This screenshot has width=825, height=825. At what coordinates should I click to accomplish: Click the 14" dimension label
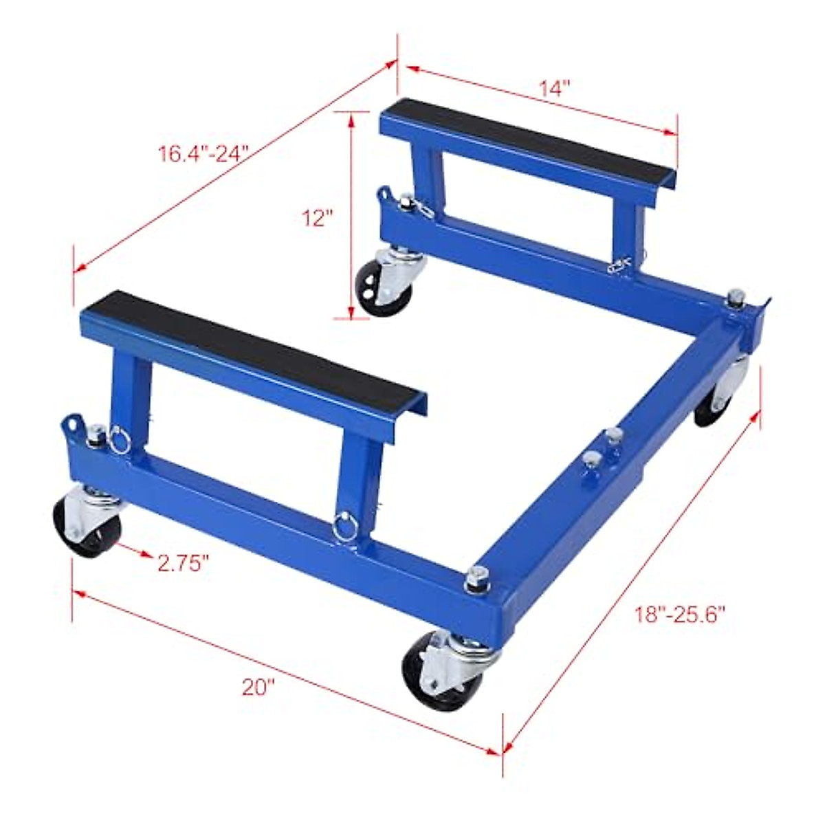(x=555, y=88)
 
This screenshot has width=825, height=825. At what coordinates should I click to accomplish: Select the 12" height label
(x=317, y=218)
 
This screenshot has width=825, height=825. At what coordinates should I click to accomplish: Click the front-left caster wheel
(x=87, y=526)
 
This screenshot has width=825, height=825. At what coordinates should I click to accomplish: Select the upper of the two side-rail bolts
(x=613, y=434)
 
